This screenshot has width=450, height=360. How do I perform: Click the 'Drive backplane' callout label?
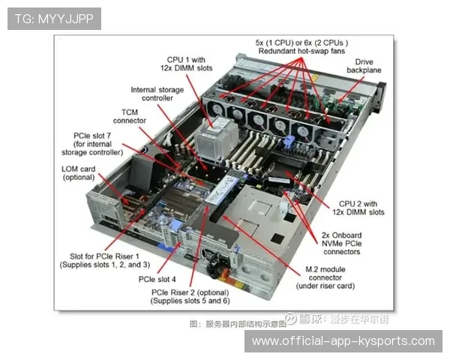coord(364,66)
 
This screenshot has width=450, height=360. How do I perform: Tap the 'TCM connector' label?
coord(130,116)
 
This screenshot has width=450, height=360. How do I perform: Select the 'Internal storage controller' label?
coord(157,94)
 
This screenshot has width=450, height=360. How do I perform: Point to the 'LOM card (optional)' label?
coord(78,173)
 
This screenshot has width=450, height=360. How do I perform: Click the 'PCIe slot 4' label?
coord(157,279)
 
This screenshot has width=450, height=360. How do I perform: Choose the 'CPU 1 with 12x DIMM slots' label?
coord(186,64)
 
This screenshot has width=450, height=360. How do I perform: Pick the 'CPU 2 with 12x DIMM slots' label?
coord(358,208)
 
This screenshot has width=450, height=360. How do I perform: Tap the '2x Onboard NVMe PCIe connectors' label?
coord(341,244)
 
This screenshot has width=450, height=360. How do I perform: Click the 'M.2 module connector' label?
coord(325,273)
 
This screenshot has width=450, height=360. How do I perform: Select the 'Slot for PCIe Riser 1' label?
coord(104,256)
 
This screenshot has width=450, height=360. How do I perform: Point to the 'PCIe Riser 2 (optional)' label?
coord(190,292)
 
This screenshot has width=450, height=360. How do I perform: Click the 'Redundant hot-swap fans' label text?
coord(301,51)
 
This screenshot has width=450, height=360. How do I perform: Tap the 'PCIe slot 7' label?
coord(92,136)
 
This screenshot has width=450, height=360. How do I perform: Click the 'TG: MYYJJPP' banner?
coord(54,19)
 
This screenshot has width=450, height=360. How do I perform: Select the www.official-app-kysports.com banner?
coord(343,341)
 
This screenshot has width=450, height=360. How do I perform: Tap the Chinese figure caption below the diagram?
coord(238,324)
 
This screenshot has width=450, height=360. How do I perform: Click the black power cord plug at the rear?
coord(215,265)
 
